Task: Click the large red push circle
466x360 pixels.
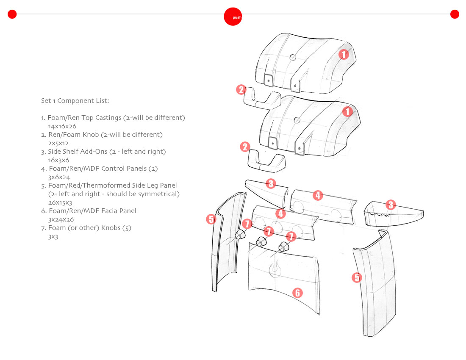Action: [233, 17]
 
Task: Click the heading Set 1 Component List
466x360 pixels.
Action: [75, 101]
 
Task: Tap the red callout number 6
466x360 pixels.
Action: [297, 293]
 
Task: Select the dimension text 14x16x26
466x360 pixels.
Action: [62, 126]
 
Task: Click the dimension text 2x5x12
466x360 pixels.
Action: [58, 143]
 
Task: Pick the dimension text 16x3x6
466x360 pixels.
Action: [58, 160]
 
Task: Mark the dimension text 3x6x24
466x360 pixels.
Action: [59, 177]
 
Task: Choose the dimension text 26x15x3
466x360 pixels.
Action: [60, 202]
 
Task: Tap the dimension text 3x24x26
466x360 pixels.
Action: [61, 219]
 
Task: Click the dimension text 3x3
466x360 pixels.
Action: [53, 236]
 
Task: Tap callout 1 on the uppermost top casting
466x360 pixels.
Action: [344, 54]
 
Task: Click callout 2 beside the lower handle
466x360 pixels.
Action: [245, 147]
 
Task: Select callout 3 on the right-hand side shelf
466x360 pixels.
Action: [390, 205]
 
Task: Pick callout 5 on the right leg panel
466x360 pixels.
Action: [357, 277]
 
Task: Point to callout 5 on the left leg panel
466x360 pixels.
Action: [211, 219]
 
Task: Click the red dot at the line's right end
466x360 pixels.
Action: [455, 14]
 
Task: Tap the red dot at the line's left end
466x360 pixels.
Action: [12, 14]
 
